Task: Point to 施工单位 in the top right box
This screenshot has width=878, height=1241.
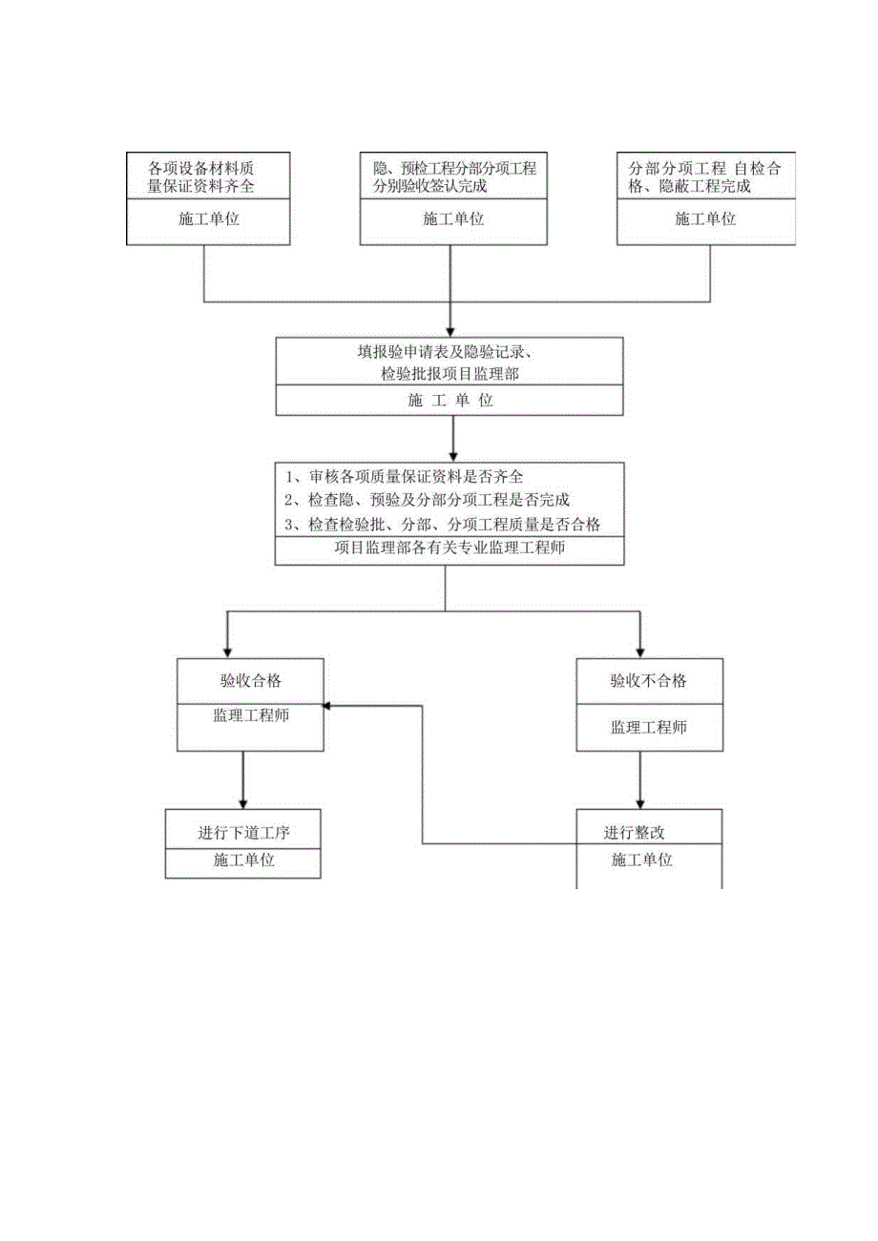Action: coord(705,219)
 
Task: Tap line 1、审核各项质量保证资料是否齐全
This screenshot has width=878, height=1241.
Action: coord(405,476)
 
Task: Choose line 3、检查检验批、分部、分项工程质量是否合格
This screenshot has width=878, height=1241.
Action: coord(442,525)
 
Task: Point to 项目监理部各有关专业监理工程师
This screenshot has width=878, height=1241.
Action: coord(450,548)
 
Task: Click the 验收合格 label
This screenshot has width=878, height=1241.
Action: coord(251,681)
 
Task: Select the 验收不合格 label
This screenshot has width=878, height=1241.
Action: coord(649,681)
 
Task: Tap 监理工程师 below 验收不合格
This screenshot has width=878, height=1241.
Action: coord(649,727)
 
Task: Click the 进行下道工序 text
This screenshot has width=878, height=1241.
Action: coord(243,833)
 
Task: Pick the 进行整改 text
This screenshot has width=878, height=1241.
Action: coord(634,833)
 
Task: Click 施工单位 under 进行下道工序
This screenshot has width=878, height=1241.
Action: coord(243,859)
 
